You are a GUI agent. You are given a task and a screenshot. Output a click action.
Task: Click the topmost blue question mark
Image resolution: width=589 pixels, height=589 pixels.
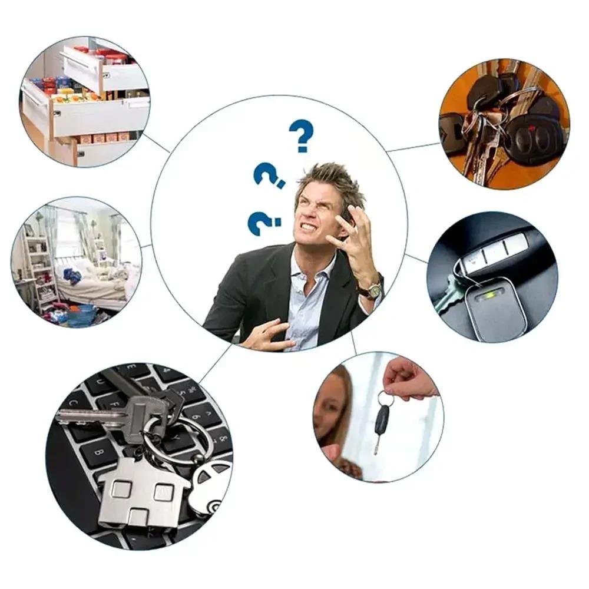[301, 135]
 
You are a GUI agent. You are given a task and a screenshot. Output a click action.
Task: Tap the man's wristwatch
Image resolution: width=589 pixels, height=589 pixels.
[372, 289]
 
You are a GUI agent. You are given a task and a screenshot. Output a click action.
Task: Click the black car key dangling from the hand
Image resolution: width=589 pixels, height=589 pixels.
[381, 425]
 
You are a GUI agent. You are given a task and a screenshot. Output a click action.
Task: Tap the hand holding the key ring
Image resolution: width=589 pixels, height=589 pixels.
[409, 379]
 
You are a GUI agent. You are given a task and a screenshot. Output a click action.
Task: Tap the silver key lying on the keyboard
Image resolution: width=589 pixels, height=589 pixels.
[112, 413]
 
